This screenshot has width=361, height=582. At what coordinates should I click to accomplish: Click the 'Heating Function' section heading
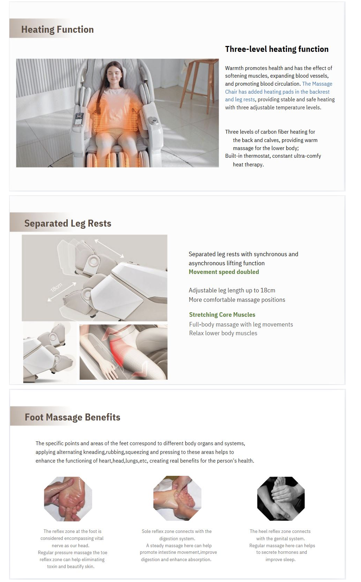coord(57,29)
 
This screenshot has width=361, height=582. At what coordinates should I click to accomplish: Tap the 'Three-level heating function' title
coord(276,49)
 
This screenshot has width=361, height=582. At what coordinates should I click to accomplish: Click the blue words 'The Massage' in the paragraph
coord(317,84)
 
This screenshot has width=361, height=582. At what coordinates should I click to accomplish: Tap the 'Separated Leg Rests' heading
coord(68,223)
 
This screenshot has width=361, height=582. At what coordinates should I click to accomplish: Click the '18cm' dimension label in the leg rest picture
coord(56,287)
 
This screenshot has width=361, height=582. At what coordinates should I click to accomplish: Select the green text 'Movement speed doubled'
coord(224,272)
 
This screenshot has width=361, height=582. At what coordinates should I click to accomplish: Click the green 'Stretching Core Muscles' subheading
coord(222,315)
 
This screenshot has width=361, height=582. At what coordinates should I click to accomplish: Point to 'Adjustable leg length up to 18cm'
coord(232,290)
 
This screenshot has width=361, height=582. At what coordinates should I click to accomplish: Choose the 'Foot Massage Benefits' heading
coord(72,417)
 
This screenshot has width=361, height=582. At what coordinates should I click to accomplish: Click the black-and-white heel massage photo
coord(281,498)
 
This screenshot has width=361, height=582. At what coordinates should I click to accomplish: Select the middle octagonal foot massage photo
coord(177,498)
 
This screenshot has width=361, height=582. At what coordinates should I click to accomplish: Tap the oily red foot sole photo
coord(68,499)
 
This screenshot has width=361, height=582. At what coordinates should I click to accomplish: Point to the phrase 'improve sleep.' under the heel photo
coord(280,559)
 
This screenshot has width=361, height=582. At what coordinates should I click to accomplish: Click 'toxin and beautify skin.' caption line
coord(71,566)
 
